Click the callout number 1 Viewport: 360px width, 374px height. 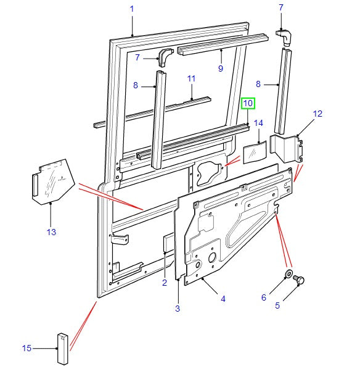[131, 8]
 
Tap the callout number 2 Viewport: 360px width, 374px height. [165, 283]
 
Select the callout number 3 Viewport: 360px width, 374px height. [177, 308]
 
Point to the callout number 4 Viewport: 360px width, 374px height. [223, 299]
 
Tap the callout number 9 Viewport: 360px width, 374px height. [220, 69]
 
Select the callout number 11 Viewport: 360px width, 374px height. [191, 79]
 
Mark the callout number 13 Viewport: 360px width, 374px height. [51, 232]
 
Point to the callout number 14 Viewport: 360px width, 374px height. [258, 123]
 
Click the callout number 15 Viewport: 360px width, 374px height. [27, 349]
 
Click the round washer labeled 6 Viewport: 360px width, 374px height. [288, 274]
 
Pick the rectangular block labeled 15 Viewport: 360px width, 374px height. [63, 350]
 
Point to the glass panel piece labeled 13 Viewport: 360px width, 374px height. [52, 182]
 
